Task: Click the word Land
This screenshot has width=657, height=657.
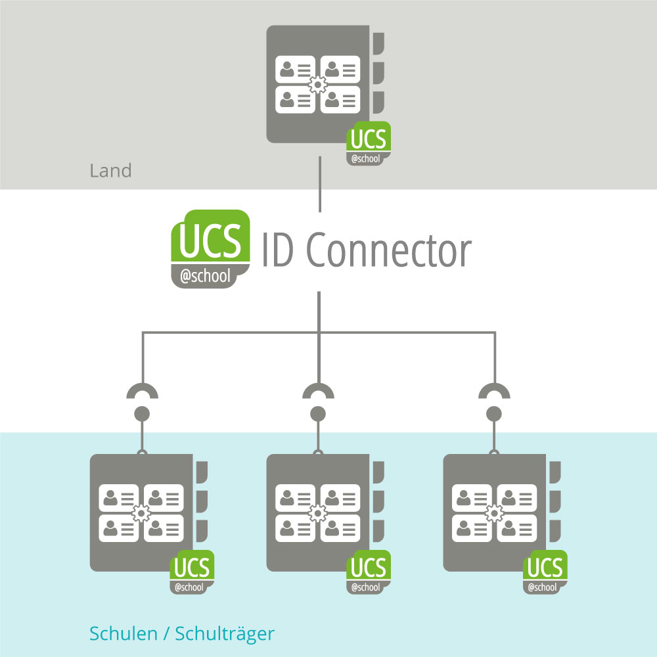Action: [110, 171]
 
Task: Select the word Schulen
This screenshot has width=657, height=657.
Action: [123, 634]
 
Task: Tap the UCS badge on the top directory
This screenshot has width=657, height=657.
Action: [369, 143]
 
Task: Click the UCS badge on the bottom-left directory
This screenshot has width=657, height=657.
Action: [193, 572]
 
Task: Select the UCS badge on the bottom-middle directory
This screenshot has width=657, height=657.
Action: [369, 572]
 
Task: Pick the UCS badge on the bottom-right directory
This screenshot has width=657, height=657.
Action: [545, 572]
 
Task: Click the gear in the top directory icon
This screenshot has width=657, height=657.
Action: [318, 84]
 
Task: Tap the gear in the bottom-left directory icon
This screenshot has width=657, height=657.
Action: [141, 512]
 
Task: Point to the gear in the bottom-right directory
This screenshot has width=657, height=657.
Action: [495, 512]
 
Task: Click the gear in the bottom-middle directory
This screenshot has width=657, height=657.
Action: [318, 512]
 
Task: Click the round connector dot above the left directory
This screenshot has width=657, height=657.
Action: [142, 414]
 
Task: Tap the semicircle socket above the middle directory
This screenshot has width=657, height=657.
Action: [318, 392]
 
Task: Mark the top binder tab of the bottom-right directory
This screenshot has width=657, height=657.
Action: [556, 472]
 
